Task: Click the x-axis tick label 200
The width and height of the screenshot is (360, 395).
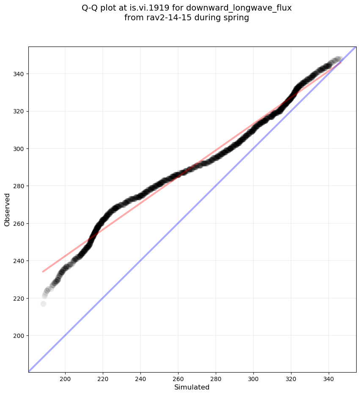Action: point(65,379)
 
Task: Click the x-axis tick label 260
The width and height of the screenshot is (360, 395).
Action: point(178,379)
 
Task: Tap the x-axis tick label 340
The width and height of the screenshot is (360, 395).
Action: point(329,379)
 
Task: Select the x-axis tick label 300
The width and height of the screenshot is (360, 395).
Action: point(253,379)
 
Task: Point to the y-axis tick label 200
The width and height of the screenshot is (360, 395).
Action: point(19,336)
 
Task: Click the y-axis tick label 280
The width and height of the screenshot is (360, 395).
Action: point(19,186)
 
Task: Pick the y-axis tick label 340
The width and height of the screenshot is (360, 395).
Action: point(19,74)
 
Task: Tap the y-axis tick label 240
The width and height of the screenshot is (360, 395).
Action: point(19,261)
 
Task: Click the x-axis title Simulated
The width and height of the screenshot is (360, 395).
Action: point(192,387)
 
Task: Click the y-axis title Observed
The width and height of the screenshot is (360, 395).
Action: point(7,209)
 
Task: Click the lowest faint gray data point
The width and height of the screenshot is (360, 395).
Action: point(43,304)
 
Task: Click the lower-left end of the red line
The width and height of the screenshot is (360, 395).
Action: point(43,272)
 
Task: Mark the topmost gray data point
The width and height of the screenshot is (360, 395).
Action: point(338,59)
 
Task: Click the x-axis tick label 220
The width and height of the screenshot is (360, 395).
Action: point(103,379)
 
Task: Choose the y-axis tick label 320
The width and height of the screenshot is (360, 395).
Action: point(19,111)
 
